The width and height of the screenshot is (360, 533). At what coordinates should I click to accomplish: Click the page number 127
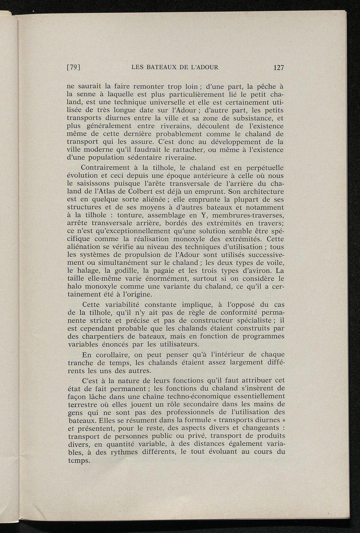pos(278,68)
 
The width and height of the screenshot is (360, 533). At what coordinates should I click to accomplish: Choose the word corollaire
pos(114,355)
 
